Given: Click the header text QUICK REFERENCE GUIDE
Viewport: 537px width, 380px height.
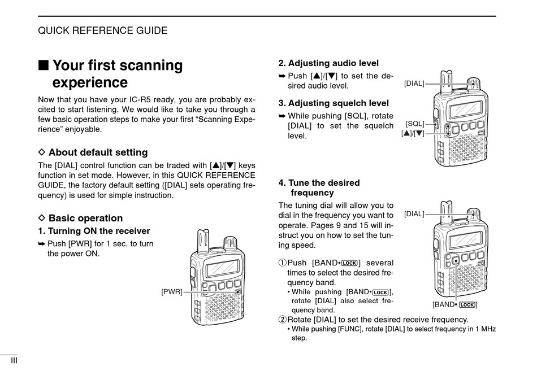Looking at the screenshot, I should (x=102, y=30).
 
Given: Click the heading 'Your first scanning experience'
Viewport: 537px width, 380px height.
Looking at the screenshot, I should (x=118, y=74).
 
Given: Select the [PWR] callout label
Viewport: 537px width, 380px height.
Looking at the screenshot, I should (x=171, y=292).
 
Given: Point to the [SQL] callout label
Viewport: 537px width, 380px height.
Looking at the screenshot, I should (x=415, y=123).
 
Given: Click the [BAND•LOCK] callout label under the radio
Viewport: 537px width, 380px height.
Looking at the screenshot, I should (x=455, y=305).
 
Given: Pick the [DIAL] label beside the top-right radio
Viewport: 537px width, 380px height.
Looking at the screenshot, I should (x=414, y=84).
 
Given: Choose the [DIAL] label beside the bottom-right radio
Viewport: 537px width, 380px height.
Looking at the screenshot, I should (x=414, y=214).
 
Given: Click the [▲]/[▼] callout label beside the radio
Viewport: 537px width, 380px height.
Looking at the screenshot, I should (x=413, y=134).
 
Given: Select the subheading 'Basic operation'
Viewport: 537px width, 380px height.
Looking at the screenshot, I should (x=85, y=219).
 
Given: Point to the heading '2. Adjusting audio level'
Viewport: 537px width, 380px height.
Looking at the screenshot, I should (x=328, y=63).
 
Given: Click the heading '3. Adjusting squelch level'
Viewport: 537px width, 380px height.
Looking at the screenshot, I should (x=334, y=103).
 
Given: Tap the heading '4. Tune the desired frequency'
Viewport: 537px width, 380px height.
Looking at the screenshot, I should (x=319, y=187).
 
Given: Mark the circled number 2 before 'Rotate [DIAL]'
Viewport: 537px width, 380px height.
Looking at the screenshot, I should (x=283, y=320).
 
